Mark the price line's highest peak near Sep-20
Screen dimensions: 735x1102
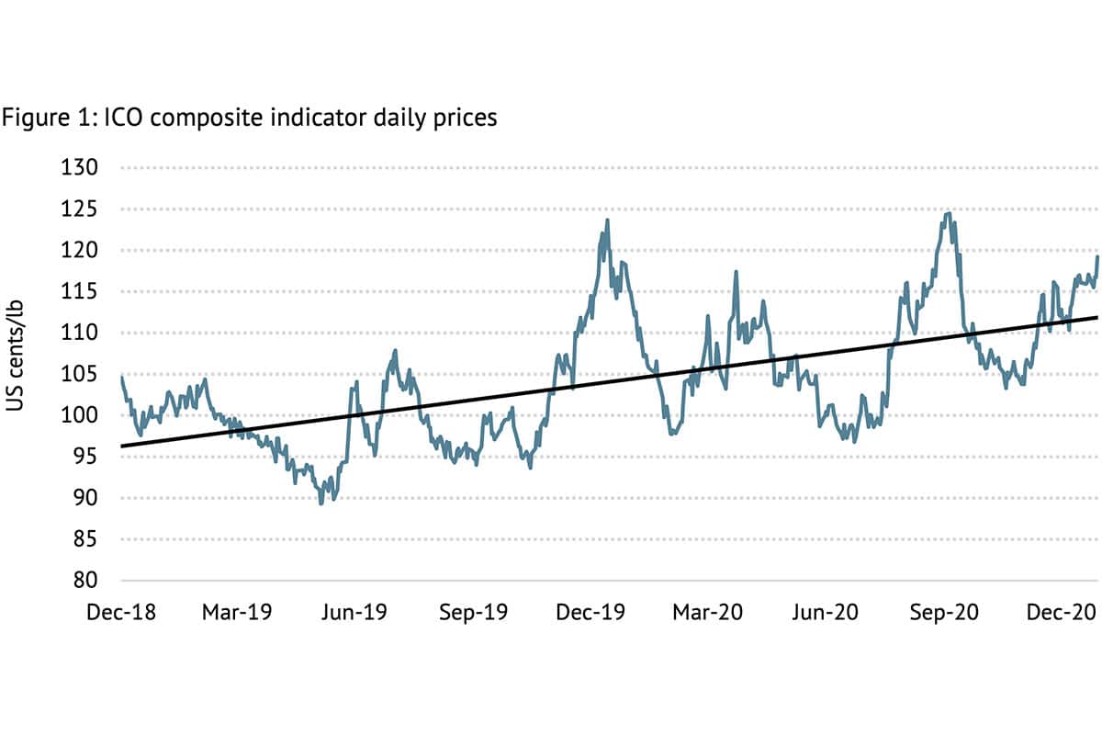(x=948, y=214)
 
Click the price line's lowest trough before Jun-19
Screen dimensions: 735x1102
(x=320, y=503)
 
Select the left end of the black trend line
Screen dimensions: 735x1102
(x=122, y=446)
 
